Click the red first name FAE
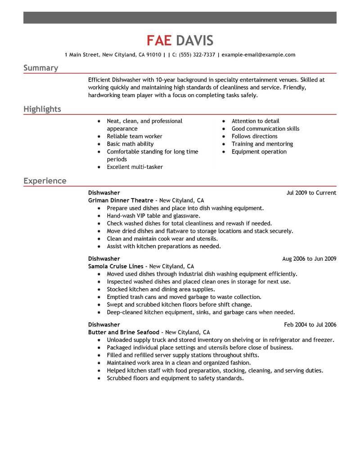pos(159,41)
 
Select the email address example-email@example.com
pos(258,55)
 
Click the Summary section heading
pos(40,68)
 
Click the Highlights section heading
pos(42,109)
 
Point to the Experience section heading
pos(45,181)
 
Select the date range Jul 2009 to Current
pos(311,193)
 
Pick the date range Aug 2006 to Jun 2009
pos(309,259)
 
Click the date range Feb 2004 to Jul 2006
pos(310,325)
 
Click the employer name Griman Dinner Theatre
pos(121,200)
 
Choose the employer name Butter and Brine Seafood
pos(124,332)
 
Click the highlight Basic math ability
pos(130,144)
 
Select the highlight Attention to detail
pos(255,121)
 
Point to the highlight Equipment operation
pos(259,152)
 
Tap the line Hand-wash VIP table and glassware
pos(153,216)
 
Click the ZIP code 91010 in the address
pos(153,55)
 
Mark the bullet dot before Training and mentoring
pos(224,145)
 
